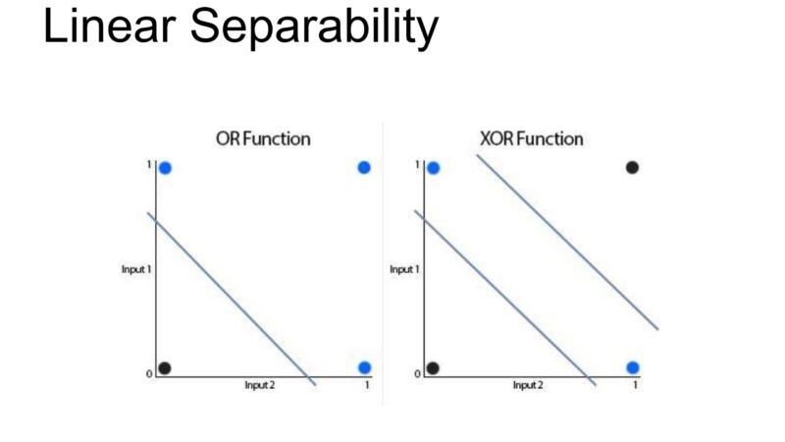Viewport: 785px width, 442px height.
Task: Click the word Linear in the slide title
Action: tap(109, 27)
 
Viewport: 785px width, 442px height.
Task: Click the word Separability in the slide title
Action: tap(314, 29)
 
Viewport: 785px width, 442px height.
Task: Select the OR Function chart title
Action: tap(263, 138)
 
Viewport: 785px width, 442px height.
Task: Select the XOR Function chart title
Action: tap(532, 138)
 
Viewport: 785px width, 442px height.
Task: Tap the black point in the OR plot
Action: tap(165, 368)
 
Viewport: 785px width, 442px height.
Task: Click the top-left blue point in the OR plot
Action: tap(165, 168)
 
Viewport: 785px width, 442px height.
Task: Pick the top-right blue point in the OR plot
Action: tap(364, 167)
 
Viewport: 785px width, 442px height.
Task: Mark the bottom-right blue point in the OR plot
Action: tap(364, 367)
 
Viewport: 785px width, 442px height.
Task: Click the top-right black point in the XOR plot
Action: tap(632, 167)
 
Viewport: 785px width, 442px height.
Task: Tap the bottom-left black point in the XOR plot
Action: tap(433, 368)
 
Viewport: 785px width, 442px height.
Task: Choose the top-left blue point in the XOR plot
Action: tap(434, 168)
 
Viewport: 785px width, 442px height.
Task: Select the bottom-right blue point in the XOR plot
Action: tap(633, 367)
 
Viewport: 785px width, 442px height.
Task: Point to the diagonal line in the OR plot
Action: tap(232, 299)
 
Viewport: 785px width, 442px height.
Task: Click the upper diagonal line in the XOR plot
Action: tap(567, 242)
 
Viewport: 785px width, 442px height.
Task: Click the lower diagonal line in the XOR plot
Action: tap(505, 298)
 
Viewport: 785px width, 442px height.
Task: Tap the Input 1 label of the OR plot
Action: tap(136, 269)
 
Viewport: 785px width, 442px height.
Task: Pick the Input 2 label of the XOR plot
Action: tap(528, 385)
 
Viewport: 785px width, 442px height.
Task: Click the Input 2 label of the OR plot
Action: tap(259, 385)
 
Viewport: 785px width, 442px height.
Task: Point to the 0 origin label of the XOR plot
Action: tap(418, 374)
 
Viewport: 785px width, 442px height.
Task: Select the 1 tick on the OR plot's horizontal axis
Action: tap(367, 385)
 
